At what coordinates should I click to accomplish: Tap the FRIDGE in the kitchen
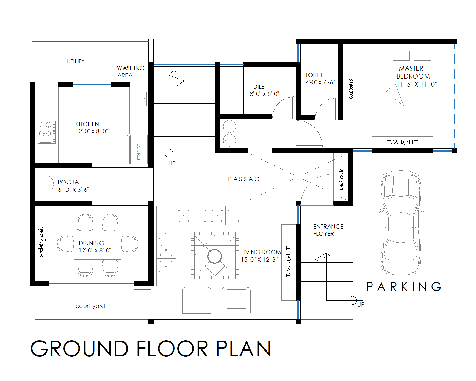click(139, 150)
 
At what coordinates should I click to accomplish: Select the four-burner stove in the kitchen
click(46, 132)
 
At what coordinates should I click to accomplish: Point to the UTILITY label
click(76, 61)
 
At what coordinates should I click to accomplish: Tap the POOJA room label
click(68, 182)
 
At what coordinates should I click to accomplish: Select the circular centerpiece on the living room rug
click(214, 256)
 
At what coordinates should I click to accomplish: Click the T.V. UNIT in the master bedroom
click(402, 142)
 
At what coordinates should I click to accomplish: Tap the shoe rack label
click(341, 179)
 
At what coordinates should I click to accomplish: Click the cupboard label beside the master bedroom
click(351, 88)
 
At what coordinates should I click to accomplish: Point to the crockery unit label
click(41, 242)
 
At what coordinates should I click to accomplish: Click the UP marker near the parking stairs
click(361, 304)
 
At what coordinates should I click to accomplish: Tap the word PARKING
click(404, 287)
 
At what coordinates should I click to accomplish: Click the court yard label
click(90, 306)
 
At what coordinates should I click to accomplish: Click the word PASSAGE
click(246, 179)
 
